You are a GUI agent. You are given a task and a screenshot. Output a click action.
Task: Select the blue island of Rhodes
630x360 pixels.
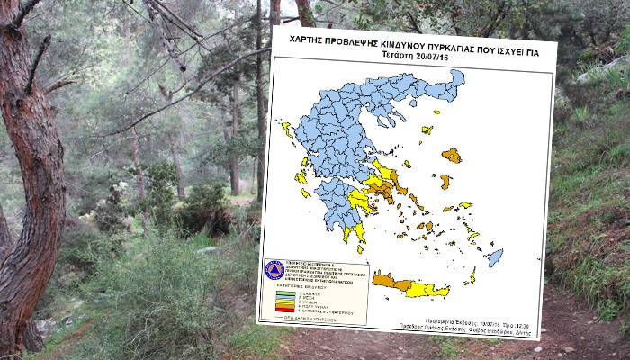[x=494, y=257]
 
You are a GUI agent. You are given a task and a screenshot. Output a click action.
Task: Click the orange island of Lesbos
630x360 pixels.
[x=452, y=156]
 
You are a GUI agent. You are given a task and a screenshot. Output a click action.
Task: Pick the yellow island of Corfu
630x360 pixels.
[x=286, y=130]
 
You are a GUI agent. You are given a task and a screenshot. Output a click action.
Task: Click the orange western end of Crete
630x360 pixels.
[x=385, y=281]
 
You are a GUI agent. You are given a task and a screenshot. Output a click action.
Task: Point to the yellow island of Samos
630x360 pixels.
[x=463, y=205]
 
